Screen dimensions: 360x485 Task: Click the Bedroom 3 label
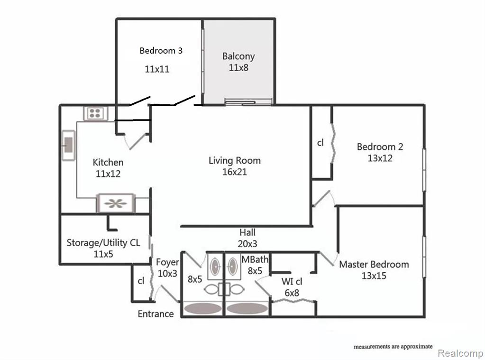161,50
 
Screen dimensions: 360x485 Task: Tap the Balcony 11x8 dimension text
238,67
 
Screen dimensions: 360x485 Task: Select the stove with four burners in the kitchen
96,113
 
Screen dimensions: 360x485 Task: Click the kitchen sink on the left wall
68,144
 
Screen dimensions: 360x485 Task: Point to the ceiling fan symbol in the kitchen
116,203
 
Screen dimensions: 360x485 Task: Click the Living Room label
234,160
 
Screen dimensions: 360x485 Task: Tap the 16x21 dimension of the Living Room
234,172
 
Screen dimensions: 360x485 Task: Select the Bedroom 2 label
380,147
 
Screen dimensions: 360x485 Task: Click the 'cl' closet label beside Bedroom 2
320,143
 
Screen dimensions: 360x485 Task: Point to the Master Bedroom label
374,264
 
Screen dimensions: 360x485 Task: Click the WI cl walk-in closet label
293,281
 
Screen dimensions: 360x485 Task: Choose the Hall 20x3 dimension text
247,243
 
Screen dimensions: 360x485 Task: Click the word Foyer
167,262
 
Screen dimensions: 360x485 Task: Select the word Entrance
156,314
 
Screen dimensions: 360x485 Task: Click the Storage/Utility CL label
103,243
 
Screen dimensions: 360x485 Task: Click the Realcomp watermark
460,353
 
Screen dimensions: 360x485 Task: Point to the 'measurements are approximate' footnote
393,347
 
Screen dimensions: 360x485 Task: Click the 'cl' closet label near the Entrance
141,280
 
